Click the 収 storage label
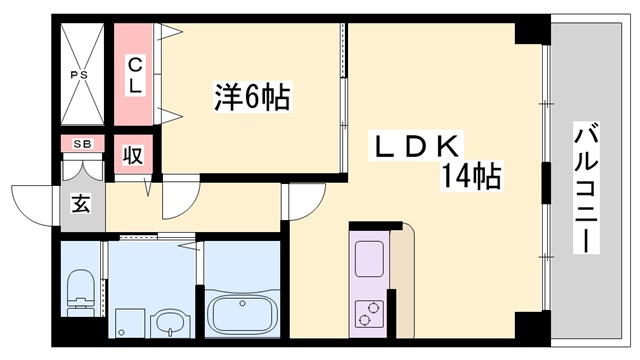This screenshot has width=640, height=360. [132, 156]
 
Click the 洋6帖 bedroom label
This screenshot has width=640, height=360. [251, 98]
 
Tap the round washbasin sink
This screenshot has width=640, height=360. [171, 322]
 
